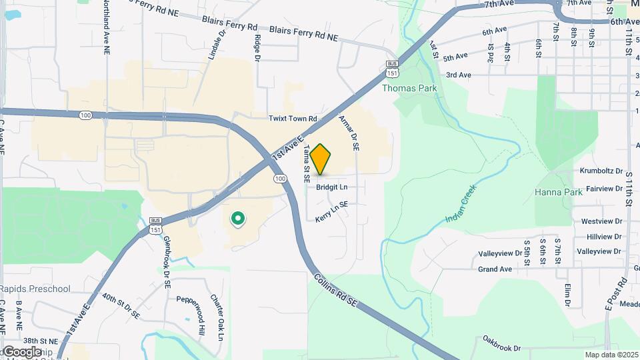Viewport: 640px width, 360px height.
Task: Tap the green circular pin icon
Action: click(x=237, y=219)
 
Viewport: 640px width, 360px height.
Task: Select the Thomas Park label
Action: click(x=409, y=88)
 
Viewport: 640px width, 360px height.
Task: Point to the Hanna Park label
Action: click(x=559, y=192)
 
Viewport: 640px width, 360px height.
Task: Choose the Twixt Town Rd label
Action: click(x=293, y=119)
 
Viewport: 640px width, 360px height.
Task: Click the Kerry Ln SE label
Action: click(x=332, y=211)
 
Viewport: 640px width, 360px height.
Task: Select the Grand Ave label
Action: click(x=495, y=269)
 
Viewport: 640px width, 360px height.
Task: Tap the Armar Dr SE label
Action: click(x=349, y=133)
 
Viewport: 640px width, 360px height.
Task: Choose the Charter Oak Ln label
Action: click(x=216, y=317)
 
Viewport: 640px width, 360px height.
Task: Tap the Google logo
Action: click(x=21, y=351)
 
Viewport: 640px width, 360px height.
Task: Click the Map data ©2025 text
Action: click(x=612, y=355)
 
